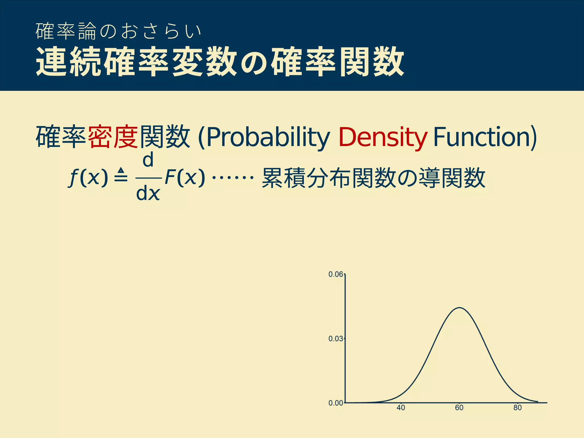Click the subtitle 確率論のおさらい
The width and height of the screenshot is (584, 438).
pyautogui.click(x=119, y=31)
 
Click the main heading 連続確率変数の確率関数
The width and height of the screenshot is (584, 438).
pyautogui.click(x=220, y=62)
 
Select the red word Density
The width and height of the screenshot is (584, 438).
pyautogui.click(x=383, y=137)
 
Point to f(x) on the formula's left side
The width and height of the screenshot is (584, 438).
pyautogui.click(x=88, y=178)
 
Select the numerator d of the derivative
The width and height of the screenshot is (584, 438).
pyautogui.click(x=148, y=160)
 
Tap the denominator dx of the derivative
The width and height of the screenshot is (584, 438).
pyautogui.click(x=148, y=194)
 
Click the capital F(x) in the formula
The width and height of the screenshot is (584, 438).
pyautogui.click(x=185, y=177)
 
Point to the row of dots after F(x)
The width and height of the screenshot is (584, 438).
pyautogui.click(x=233, y=178)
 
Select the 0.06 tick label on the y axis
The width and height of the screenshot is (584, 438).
pyautogui.click(x=336, y=274)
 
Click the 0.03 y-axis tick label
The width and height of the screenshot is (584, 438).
pyautogui.click(x=336, y=339)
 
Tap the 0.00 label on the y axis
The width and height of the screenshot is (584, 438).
pyautogui.click(x=336, y=403)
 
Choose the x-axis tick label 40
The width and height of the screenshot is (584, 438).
pyautogui.click(x=401, y=408)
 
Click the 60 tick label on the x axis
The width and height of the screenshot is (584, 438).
pyautogui.click(x=459, y=408)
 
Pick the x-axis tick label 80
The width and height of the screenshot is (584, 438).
pyautogui.click(x=518, y=408)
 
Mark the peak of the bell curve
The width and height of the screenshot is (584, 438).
pyautogui.click(x=460, y=308)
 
